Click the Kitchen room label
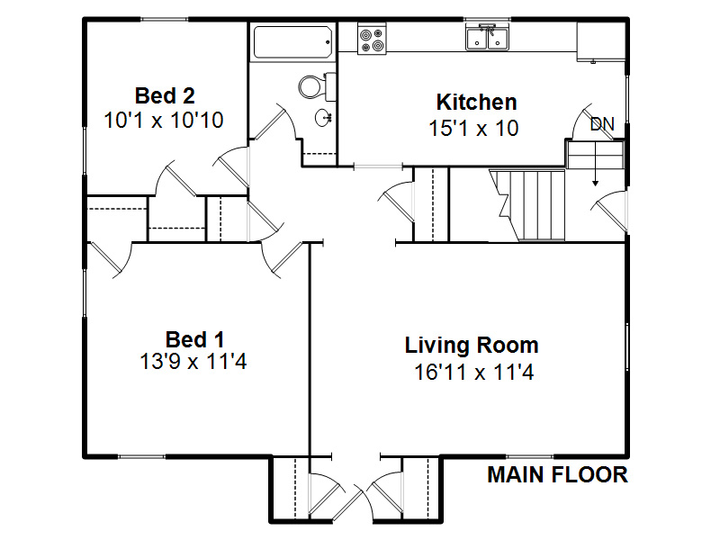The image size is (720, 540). [x=476, y=102]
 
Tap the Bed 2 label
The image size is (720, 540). [x=165, y=95]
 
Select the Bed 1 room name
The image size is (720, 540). [x=194, y=339]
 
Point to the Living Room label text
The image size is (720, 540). [x=472, y=345]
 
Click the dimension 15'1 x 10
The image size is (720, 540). [x=473, y=128]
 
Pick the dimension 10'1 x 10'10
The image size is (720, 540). [x=164, y=120]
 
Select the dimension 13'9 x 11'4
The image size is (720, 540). [x=194, y=364]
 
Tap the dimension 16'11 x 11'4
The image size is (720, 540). [x=473, y=371]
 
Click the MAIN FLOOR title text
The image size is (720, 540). [x=557, y=475]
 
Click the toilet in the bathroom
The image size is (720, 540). [x=311, y=86]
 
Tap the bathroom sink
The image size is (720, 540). [x=323, y=117]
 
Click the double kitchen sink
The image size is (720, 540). [x=487, y=38]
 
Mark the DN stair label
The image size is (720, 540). [x=601, y=124]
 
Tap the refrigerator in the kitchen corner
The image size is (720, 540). [x=598, y=41]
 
